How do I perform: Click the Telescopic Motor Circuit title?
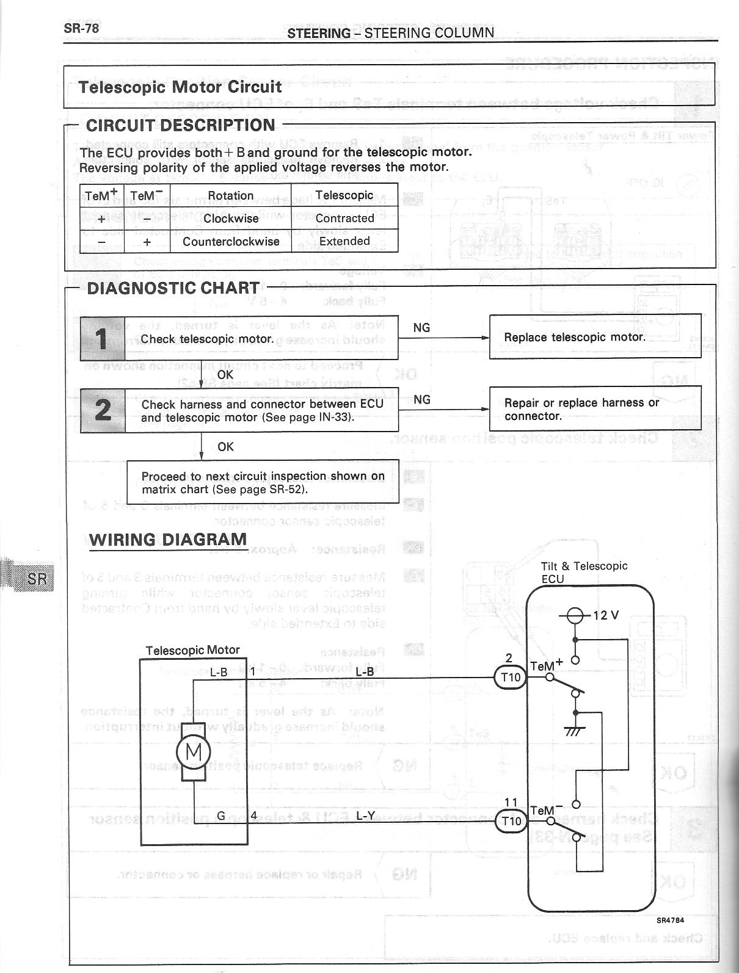point(180,87)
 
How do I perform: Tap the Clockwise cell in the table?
point(230,218)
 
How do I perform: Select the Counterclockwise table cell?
point(230,241)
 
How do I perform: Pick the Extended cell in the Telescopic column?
point(344,241)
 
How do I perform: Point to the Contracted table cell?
point(344,218)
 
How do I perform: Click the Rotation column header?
point(230,195)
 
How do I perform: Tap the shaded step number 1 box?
point(103,338)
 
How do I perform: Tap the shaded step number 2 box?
point(103,410)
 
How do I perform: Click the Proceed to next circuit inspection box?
point(263,482)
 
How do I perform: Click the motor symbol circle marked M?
point(194,750)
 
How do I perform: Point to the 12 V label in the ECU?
point(605,615)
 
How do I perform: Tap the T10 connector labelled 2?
point(510,678)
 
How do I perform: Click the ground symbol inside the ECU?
point(575,730)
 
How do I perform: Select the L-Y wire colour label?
point(365,816)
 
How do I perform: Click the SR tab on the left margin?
point(36,578)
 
